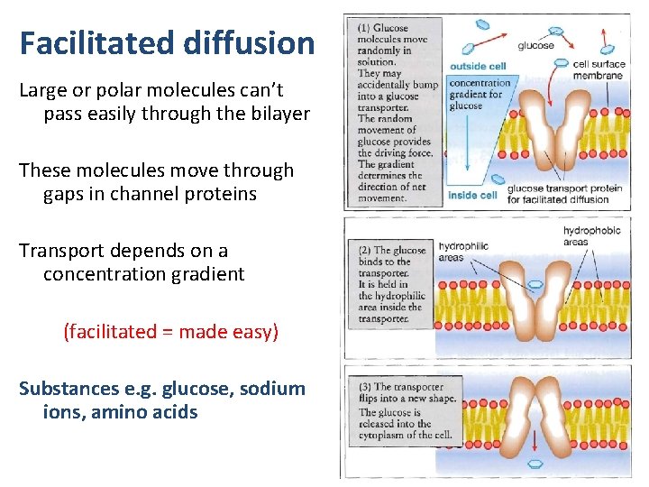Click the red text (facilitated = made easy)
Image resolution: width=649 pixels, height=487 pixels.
pos(170,332)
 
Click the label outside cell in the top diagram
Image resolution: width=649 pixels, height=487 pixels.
pos(478,66)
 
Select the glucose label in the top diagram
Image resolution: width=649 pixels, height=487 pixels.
pos(535,45)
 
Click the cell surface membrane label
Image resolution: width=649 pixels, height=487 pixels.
pos(599,70)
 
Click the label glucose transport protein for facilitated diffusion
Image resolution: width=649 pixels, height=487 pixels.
pos(564,194)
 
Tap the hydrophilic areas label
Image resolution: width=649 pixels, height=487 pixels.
pos(464,252)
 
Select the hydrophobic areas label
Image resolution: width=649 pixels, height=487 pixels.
pos(591,236)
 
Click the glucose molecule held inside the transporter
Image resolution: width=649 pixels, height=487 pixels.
pos(535,285)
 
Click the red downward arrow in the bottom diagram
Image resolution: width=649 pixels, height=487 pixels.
pos(535,440)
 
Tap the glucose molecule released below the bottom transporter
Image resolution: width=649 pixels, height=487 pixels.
pos(535,464)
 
